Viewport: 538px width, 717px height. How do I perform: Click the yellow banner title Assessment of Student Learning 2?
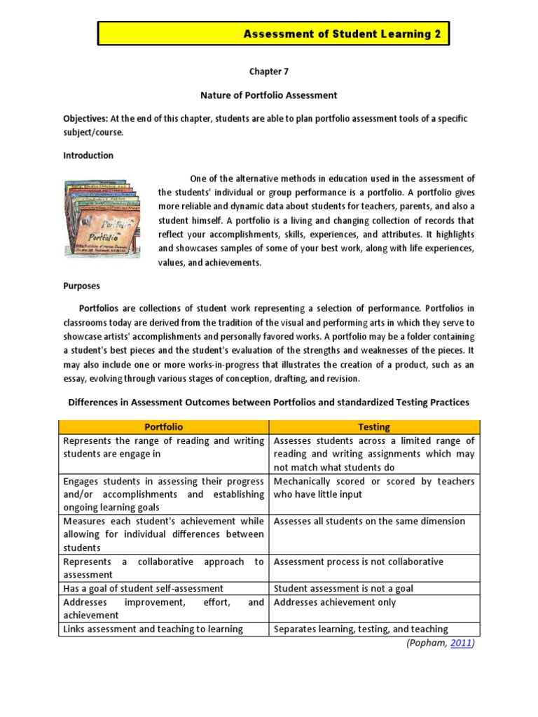pos(342,34)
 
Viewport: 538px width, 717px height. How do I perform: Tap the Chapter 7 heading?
pos(269,71)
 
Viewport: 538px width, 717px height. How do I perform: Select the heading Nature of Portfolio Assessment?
pos(269,95)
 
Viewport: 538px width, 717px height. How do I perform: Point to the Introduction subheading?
pos(88,155)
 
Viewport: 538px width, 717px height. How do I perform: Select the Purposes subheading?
pos(81,286)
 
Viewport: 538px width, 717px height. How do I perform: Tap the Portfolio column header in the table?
pos(163,426)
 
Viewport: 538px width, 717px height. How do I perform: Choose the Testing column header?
pos(374,426)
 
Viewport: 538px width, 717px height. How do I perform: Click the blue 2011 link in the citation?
pos(461,643)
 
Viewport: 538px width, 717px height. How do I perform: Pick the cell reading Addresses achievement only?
pos(335,602)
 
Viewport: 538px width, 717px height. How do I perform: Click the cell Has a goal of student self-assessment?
pos(144,589)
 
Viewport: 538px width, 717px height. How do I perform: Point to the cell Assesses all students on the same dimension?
pos(368,521)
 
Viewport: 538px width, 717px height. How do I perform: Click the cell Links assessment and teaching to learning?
pos(153,629)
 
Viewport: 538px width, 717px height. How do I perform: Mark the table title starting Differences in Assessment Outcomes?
pos(268,402)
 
